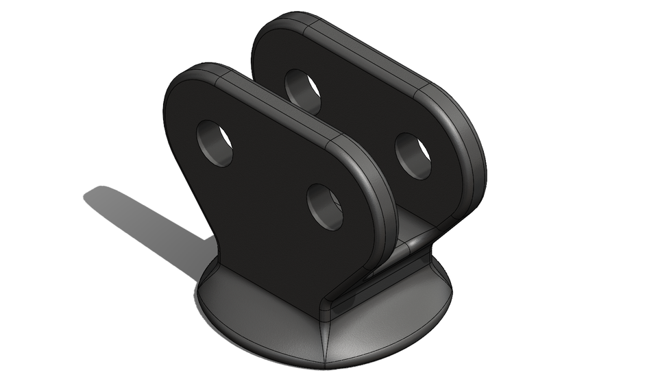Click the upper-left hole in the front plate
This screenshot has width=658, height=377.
[215, 143]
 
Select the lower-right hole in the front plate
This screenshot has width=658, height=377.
[325, 206]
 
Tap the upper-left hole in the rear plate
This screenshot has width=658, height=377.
[303, 90]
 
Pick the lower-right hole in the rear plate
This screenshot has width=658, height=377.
[413, 156]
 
